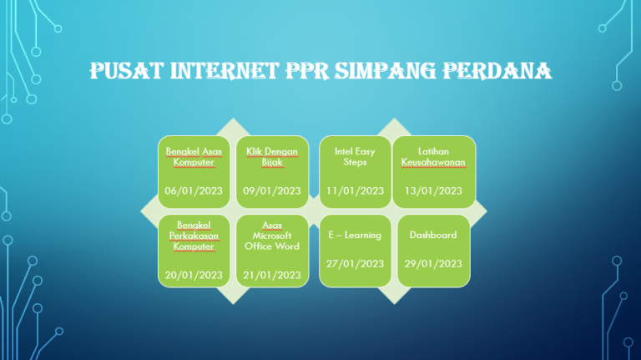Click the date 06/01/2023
[194, 190]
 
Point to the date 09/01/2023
[272, 190]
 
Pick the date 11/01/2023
[356, 190]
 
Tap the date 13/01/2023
[433, 190]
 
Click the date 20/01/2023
[194, 274]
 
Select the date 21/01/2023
[272, 274]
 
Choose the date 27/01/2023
[356, 263]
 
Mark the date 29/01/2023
[433, 263]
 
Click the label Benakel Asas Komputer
[194, 156]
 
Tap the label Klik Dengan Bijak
[272, 156]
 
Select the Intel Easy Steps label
[356, 156]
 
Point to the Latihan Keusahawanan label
[433, 156]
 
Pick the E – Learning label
[356, 235]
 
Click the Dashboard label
[433, 235]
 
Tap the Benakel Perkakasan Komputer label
[194, 236]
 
